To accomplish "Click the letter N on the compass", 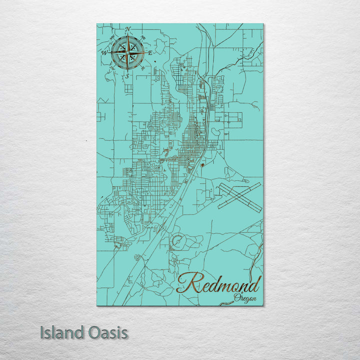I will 128,29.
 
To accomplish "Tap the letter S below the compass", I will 127,76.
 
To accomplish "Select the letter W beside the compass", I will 105,52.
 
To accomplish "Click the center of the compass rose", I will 127,52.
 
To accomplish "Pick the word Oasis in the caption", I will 108,332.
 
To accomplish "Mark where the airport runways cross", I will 239,197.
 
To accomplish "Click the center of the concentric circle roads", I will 176,243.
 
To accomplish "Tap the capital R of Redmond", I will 186,283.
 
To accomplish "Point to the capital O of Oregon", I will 236,298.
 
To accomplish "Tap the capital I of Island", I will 42,332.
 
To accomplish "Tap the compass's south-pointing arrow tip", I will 127,69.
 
